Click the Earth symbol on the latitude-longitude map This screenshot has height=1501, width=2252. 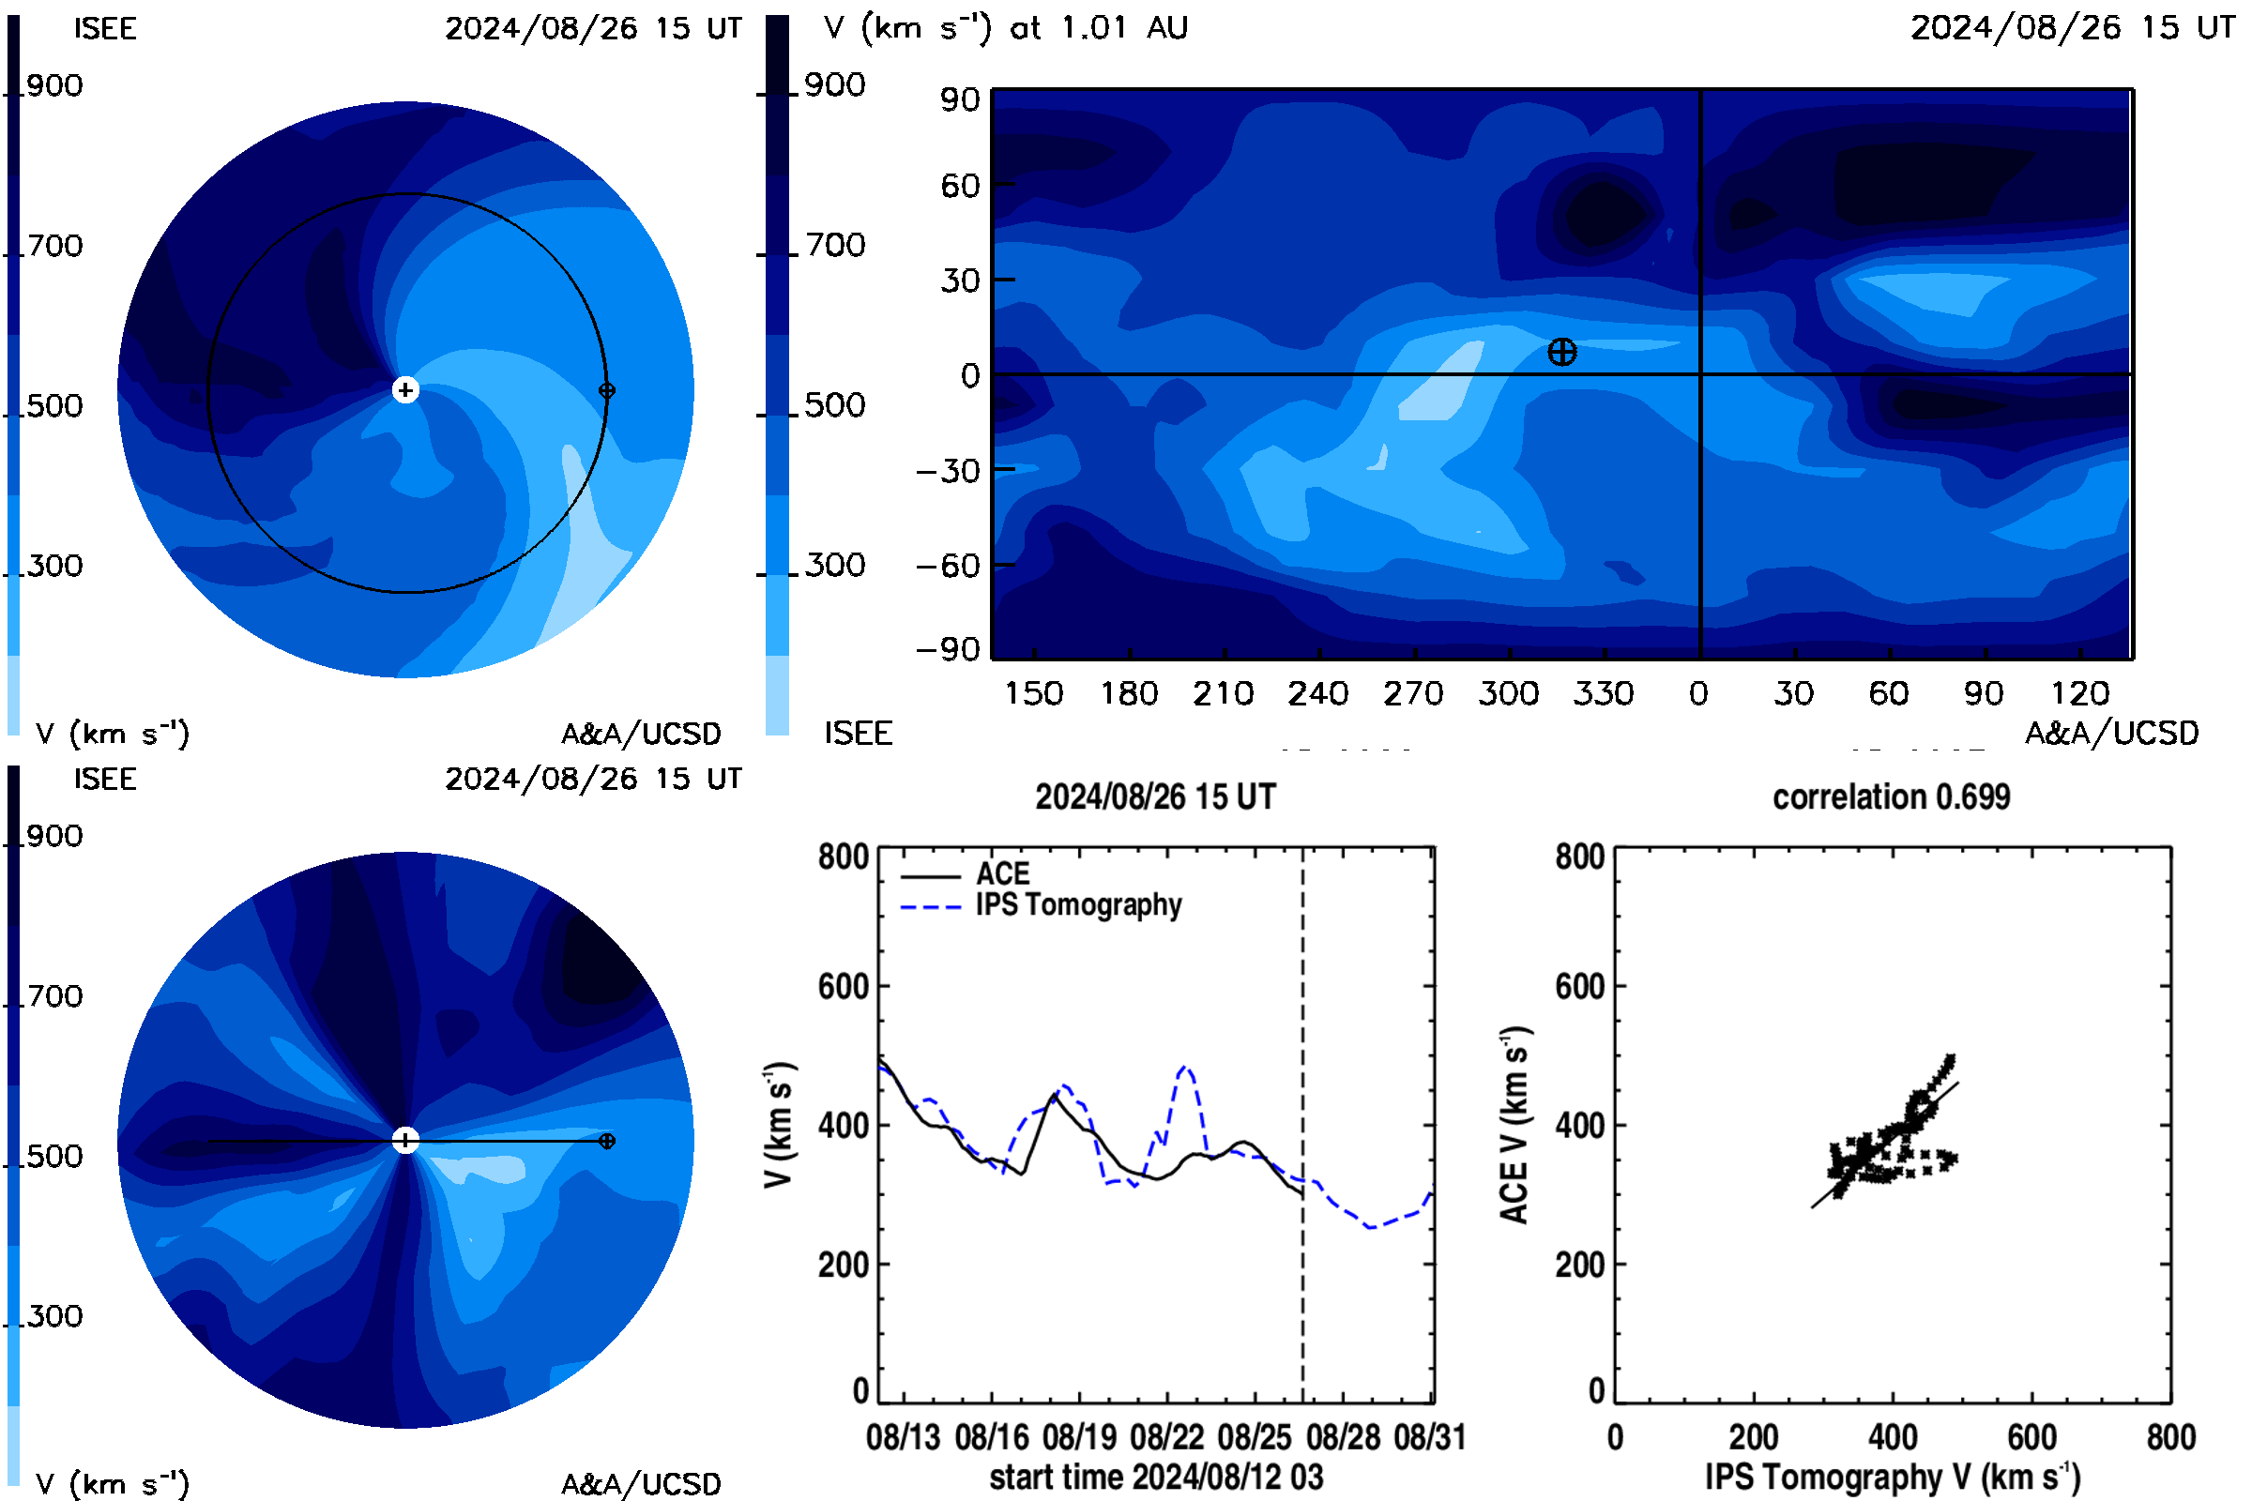coord(1561,353)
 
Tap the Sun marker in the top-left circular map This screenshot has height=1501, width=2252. coord(405,389)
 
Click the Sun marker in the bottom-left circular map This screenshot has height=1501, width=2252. coord(405,1140)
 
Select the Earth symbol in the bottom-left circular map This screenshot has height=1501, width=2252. coord(606,1141)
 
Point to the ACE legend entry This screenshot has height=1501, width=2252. coord(966,874)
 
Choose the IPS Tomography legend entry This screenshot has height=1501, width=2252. coord(1041,904)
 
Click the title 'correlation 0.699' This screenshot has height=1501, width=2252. coord(1891,796)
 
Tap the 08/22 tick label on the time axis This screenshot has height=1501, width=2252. coord(1167,1437)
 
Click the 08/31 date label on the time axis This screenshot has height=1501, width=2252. coord(1429,1437)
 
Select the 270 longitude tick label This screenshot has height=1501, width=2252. coord(1412,693)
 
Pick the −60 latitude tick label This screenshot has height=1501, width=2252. coord(948,566)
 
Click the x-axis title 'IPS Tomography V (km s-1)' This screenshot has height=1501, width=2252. coord(1892,1477)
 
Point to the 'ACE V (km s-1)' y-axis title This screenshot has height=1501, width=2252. coord(1514,1125)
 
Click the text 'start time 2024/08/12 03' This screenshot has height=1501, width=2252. coord(1156,1477)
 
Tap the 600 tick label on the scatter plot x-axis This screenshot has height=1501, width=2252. coord(2031,1437)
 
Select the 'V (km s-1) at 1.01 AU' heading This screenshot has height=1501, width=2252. coord(1005,28)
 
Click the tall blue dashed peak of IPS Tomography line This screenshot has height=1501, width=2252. coord(1186,1067)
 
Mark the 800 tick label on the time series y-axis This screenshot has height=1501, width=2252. coord(843,856)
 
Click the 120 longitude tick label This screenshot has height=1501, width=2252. coord(2079,693)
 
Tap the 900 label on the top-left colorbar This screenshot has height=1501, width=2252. coord(54,85)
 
